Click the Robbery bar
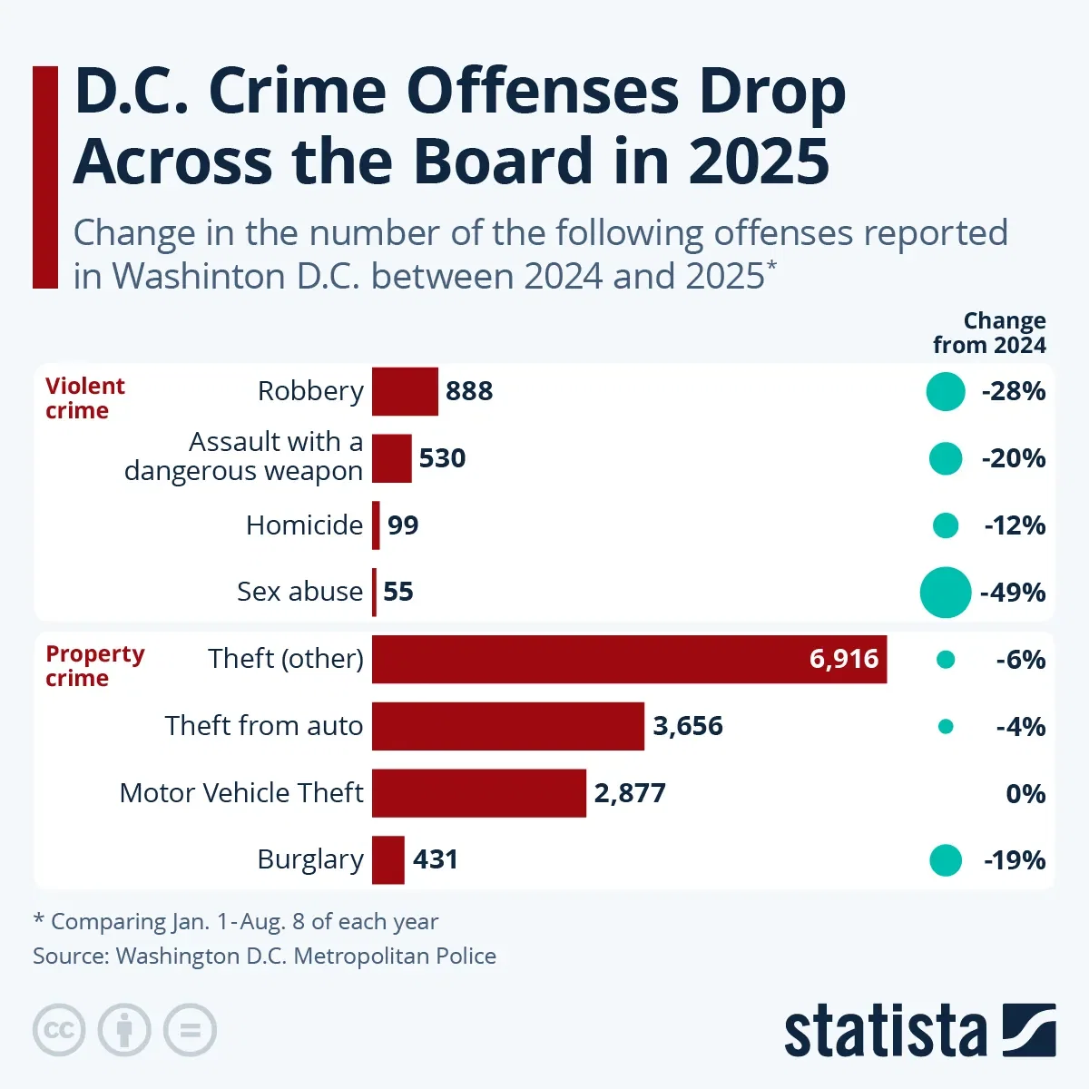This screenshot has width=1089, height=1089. pos(405,391)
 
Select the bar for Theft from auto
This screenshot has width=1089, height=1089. pos(508,726)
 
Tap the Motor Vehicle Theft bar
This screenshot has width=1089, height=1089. pos(479,793)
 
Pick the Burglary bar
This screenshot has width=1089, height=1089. pos(388,859)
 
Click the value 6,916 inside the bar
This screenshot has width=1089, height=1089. pos(843,659)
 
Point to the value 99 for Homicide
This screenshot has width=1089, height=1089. pos(403,525)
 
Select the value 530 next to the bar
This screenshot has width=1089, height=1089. pos(442,458)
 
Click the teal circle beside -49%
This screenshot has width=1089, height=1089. pos(945,593)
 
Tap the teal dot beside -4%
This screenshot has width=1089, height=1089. pos(946,726)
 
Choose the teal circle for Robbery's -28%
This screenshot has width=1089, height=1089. pos(945,392)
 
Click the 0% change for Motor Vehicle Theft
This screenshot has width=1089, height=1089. pos(1025,794)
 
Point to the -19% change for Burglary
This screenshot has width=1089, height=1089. pos(1015,860)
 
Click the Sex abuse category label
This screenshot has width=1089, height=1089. pos(299,592)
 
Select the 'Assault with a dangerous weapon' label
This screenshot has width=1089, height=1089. pos(243,456)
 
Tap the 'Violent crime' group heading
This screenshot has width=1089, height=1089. pos(84,398)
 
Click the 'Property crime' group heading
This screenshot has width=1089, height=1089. pos(94,666)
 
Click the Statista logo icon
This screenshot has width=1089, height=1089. pos(1029,1030)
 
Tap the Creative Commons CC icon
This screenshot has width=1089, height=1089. pos(59,1030)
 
